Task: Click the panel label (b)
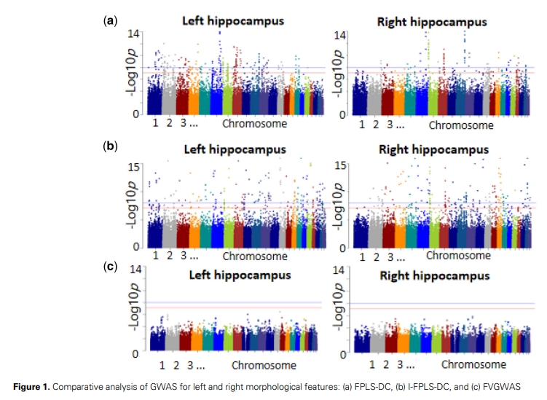point(111,146)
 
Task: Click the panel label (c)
point(111,267)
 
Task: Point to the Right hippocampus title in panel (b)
point(434,149)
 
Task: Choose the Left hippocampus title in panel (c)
point(240,275)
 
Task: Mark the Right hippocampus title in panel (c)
point(435,276)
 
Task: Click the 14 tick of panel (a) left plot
point(135,34)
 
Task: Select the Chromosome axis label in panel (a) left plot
point(254,124)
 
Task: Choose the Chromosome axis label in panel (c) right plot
point(473,364)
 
